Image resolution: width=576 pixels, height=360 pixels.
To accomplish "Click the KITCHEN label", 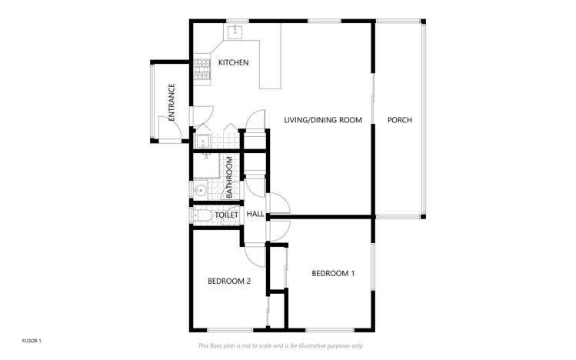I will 233,62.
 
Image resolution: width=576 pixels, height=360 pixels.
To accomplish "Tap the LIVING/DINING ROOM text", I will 322,120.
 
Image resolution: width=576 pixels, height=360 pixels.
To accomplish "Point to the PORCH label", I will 399,120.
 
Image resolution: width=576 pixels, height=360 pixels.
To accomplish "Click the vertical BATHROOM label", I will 229,178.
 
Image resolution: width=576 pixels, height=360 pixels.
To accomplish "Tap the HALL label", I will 255,214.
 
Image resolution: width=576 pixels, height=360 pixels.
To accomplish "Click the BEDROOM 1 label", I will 333,273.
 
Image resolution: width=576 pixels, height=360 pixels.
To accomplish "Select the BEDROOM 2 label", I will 229,281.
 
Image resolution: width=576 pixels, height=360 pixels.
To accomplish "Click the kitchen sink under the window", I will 235,32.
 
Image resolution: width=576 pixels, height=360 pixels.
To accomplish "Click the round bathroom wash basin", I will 200,189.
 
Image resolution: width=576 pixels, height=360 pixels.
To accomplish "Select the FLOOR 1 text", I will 32,340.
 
